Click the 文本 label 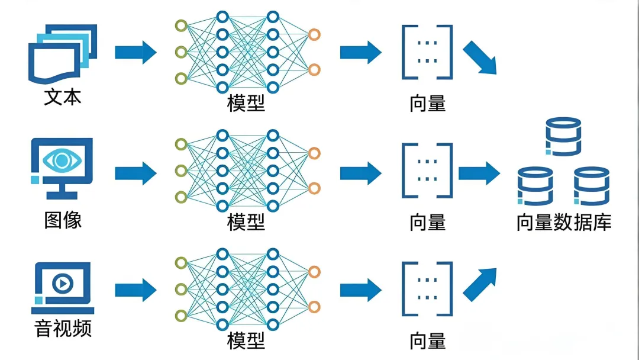[x=63, y=97]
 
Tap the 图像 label [x=63, y=220]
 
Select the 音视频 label [x=63, y=327]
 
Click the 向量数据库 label [x=563, y=222]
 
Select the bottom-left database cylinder [x=535, y=186]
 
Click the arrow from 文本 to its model [x=135, y=52]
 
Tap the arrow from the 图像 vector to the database [x=479, y=173]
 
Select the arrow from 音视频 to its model [x=135, y=290]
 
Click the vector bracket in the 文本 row [x=427, y=52]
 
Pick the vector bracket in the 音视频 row [x=427, y=290]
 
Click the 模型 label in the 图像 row [x=246, y=222]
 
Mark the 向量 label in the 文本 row [x=427, y=104]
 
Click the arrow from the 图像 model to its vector [x=360, y=173]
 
